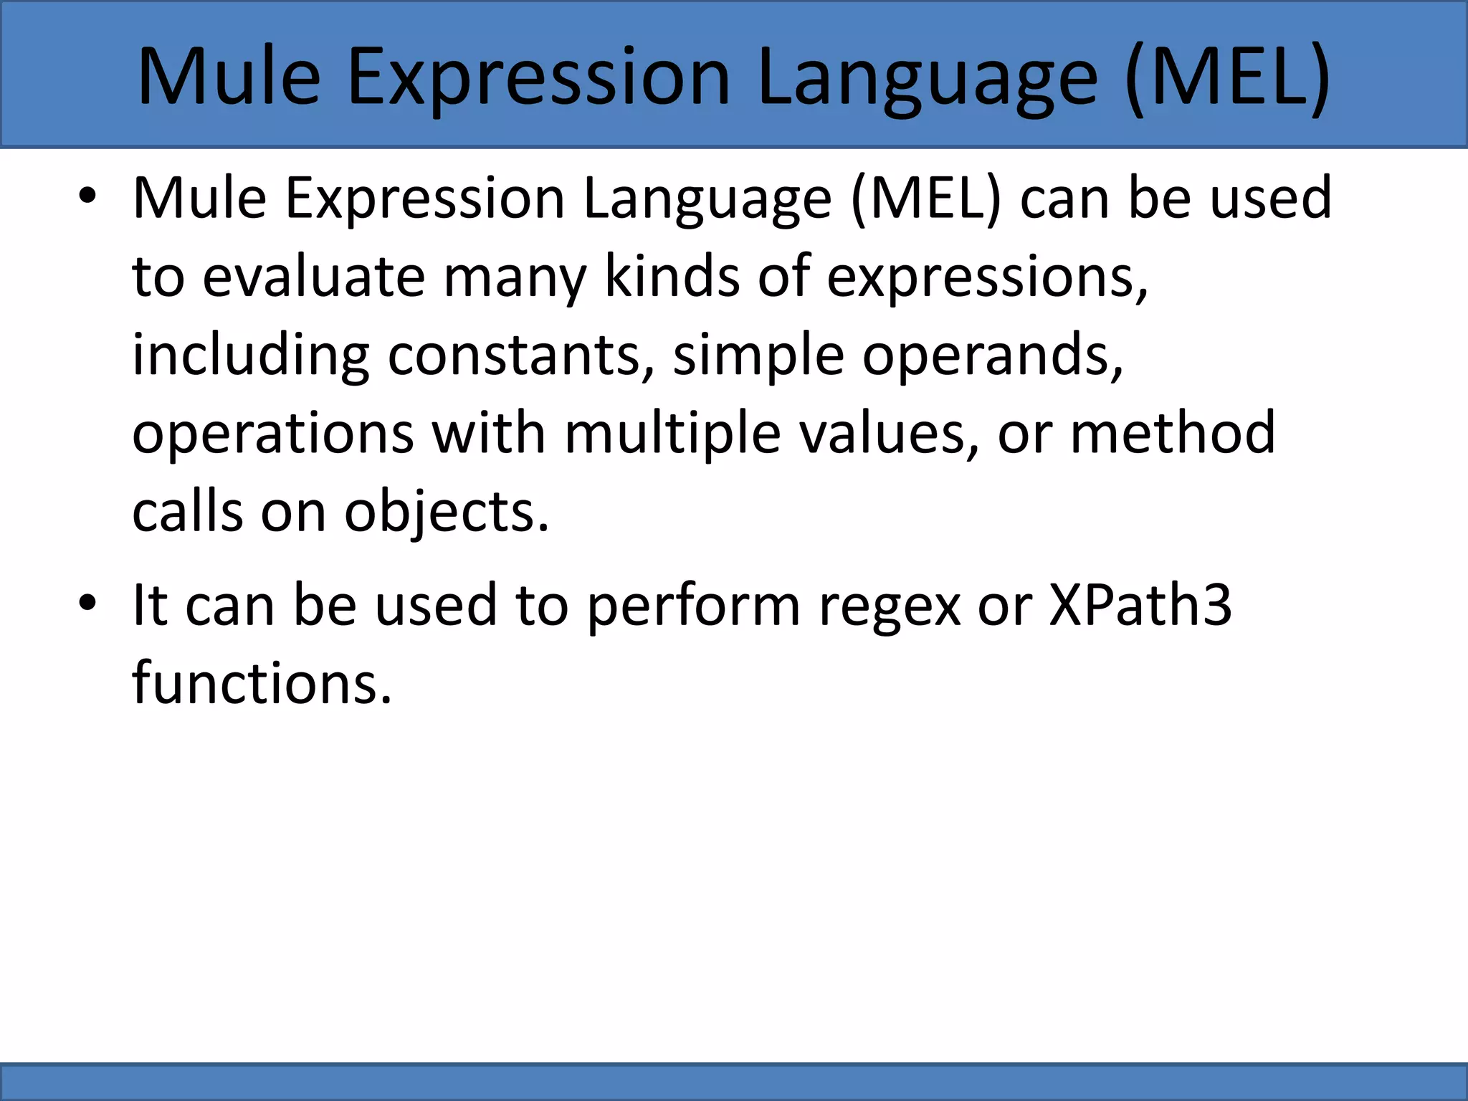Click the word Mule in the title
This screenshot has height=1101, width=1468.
coord(229,77)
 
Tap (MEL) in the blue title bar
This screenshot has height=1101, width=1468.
coord(1227,77)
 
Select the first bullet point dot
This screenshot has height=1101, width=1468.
coord(87,196)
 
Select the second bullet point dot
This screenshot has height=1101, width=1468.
coord(87,604)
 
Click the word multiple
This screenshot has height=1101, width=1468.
coord(672,434)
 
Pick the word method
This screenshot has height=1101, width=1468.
coord(1173,434)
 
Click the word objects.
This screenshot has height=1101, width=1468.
coord(446,513)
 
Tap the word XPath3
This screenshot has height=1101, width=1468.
coord(1140,605)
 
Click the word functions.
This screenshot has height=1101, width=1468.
coord(262,683)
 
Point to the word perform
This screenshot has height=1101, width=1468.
coord(693,605)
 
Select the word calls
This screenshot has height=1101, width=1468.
coord(188,513)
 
